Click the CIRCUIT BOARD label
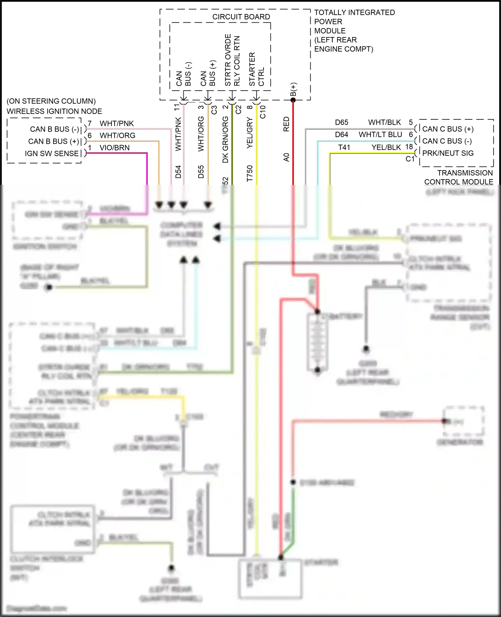pos(241,17)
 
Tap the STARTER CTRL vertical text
pos(257,69)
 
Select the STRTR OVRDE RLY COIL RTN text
pos(232,60)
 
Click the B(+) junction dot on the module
pos(293,100)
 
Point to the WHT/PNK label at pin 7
pos(117,123)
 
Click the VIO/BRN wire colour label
pos(115,148)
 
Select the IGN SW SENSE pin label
pos(52,153)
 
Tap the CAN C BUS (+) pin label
pos(448,129)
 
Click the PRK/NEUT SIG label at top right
pos(448,153)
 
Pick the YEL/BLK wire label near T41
pos(386,147)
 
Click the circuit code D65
pos(341,122)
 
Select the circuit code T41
pos(344,147)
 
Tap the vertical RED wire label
pos(286,124)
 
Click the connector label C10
pos(263,112)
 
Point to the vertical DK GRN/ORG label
pos(225,139)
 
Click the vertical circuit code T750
pos(250,173)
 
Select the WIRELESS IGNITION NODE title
pos(54,111)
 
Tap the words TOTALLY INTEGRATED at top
pos(354,12)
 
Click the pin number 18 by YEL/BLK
pos(409,147)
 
